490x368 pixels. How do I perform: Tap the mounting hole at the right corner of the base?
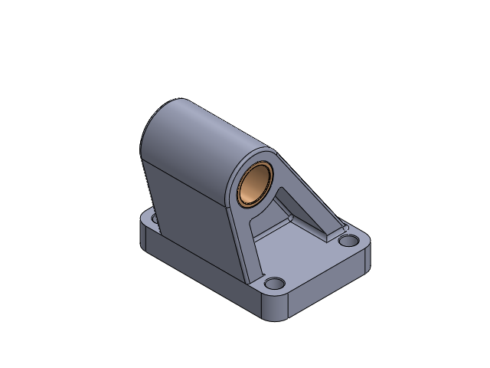tap(348, 241)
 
